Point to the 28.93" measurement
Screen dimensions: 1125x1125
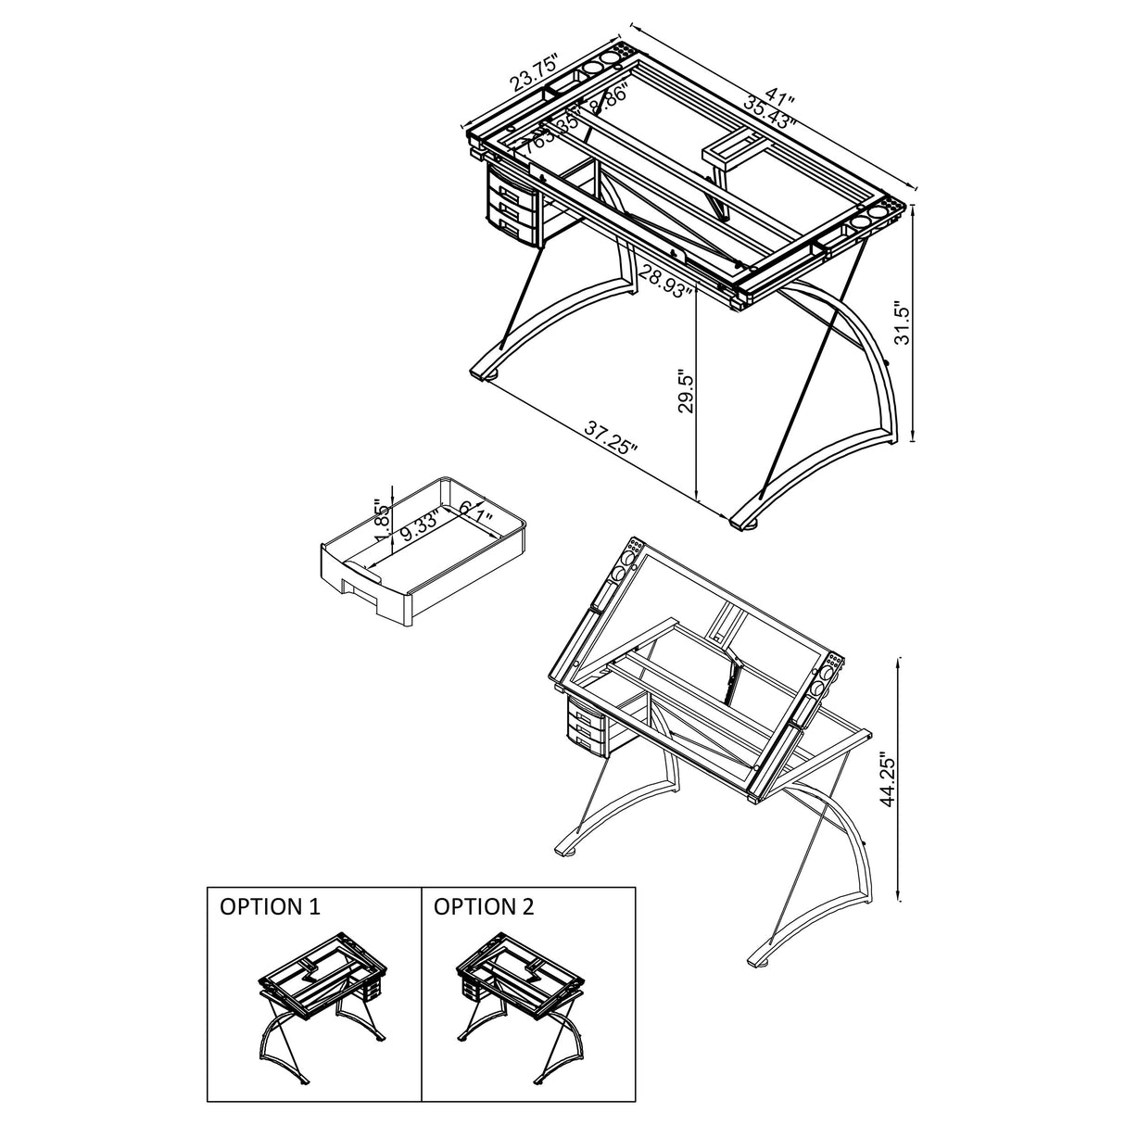point(666,279)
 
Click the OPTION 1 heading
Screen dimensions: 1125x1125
point(270,906)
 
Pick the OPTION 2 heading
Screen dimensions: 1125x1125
point(485,906)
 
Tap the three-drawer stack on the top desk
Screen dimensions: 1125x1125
point(512,207)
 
